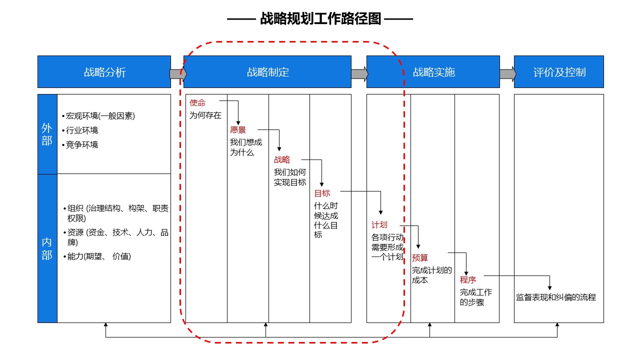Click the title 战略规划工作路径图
coord(320,19)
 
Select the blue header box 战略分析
coord(104,71)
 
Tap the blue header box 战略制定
coord(267,71)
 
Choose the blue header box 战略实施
coord(433,71)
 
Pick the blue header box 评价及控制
coord(559,71)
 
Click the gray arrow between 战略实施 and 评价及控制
coord(507,74)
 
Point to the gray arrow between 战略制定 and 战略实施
coord(359,74)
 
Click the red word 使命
coord(197,103)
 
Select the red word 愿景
coord(237,130)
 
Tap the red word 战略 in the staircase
coord(282,159)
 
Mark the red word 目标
coord(322,193)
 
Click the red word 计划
coord(379,225)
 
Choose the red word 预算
coord(420,258)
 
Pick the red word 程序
coord(468,280)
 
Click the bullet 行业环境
coord(80,130)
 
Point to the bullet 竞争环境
coord(80,145)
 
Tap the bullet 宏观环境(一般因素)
coord(98,116)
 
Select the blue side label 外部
coord(47,134)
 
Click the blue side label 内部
coord(47,248)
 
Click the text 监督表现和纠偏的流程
coord(556,297)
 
